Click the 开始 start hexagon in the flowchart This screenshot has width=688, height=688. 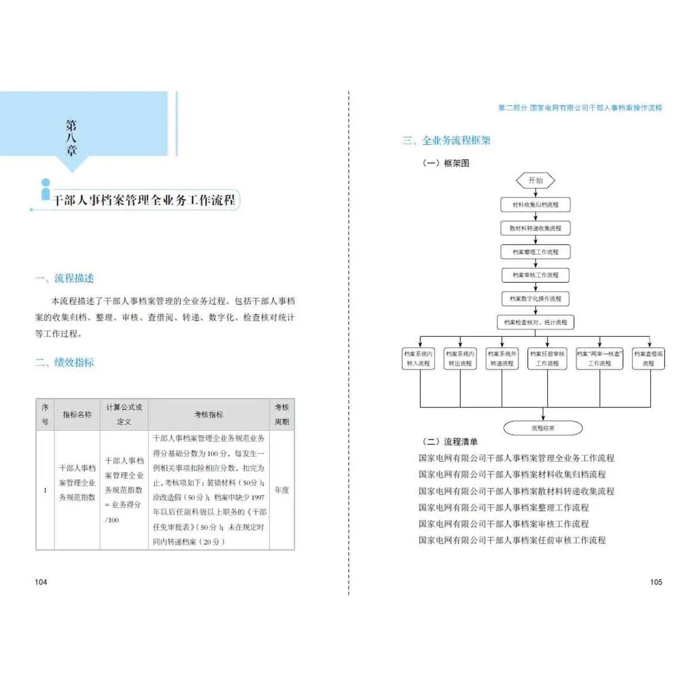(535, 180)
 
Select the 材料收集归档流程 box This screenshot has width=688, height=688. (535, 205)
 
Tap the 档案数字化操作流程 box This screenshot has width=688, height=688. (535, 299)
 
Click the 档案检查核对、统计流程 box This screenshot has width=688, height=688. (535, 322)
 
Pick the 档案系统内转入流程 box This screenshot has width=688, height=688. (418, 358)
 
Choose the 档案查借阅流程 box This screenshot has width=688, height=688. (648, 358)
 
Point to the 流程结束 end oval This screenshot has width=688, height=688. (543, 428)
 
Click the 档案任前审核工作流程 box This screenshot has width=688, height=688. (547, 358)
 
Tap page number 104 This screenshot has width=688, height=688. (41, 582)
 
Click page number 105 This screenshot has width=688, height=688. (656, 582)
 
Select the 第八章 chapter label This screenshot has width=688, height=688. (71, 137)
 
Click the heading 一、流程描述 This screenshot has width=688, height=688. (65, 278)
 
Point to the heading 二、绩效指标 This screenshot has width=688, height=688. (65, 362)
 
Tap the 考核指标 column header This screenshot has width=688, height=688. (209, 415)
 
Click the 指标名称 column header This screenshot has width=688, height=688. (77, 415)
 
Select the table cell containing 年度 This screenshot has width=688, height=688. (282, 490)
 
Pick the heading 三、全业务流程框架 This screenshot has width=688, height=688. (446, 140)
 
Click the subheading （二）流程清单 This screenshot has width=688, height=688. (450, 442)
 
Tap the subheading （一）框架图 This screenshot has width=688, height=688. (446, 163)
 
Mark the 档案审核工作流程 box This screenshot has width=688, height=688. (535, 275)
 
